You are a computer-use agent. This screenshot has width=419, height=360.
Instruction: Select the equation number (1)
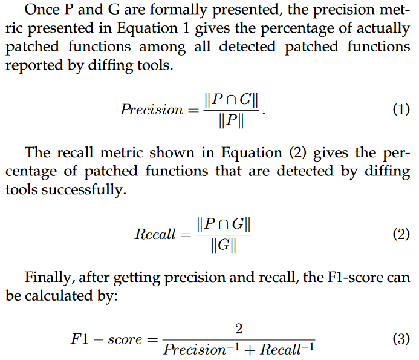(x=400, y=110)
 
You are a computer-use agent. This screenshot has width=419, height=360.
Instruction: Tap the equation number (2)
(x=400, y=234)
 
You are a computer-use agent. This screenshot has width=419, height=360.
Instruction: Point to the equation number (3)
(x=400, y=339)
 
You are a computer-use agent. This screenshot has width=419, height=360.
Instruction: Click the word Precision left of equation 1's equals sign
(x=151, y=110)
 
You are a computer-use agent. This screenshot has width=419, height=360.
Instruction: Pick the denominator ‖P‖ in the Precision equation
(x=233, y=120)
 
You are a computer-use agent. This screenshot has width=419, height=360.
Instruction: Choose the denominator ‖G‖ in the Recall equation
(x=223, y=246)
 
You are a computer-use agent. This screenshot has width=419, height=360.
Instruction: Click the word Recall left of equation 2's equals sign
(x=155, y=235)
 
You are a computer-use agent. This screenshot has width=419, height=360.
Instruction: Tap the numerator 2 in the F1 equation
(x=238, y=329)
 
